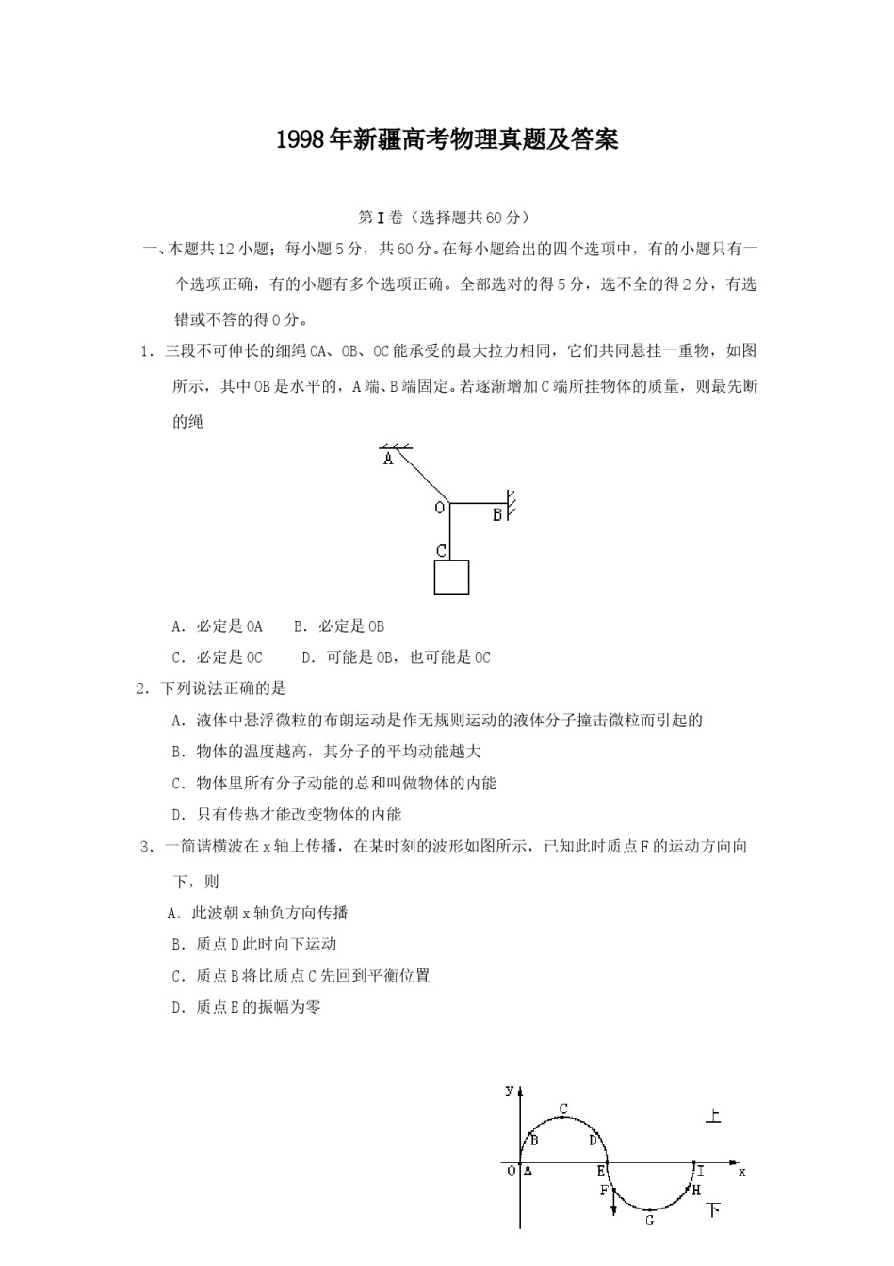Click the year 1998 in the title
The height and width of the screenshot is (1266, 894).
300,140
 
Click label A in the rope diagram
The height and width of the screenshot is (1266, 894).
388,460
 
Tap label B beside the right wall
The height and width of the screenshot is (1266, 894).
496,515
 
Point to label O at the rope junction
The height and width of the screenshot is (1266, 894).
439,508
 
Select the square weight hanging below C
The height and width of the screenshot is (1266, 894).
451,577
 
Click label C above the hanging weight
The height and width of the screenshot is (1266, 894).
441,551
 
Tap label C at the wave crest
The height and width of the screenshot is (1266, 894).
563,1109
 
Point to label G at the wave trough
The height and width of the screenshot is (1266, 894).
650,1221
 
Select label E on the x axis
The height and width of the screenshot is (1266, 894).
600,1171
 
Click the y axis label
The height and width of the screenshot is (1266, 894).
509,1090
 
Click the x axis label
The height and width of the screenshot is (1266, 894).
742,1171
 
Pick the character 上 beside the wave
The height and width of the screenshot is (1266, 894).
713,1116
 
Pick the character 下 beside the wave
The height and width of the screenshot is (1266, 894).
713,1209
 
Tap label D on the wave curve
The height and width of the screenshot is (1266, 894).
593,1141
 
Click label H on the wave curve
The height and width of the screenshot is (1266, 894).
696,1191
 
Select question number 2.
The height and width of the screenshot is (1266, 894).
142,689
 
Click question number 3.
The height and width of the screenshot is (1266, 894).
146,846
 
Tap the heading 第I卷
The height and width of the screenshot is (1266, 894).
382,218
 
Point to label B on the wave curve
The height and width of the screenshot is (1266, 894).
534,1141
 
